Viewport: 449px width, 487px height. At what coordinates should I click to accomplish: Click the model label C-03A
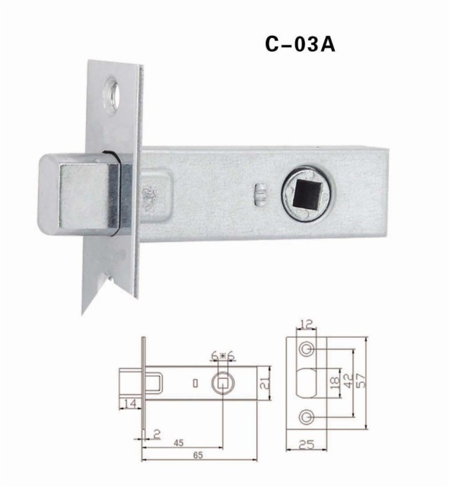(301, 45)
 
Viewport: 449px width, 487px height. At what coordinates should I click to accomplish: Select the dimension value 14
(130, 404)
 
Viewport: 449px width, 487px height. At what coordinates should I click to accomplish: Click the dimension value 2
(157, 434)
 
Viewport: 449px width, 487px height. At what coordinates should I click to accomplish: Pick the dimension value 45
(179, 443)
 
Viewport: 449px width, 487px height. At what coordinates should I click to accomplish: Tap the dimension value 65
(198, 455)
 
